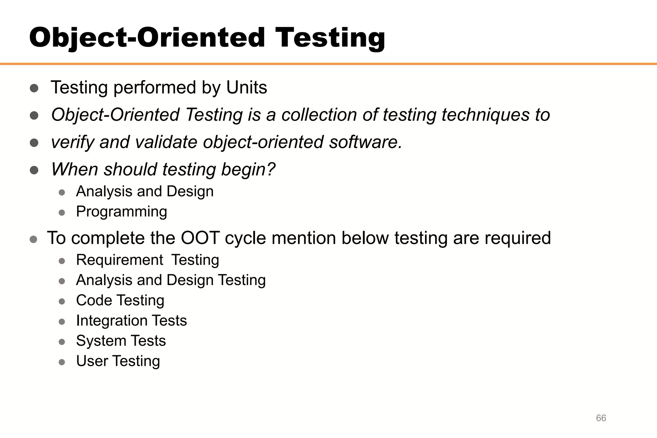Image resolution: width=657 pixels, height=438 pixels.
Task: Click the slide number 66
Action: (601, 418)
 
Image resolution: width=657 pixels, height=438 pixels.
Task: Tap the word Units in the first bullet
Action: (246, 87)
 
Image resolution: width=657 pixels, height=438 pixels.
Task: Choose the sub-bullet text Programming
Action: (122, 212)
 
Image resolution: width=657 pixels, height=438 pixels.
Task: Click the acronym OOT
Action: (200, 238)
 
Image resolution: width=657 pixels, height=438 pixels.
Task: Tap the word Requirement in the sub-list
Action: (120, 260)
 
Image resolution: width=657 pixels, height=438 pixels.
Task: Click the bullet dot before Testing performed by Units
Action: (34, 88)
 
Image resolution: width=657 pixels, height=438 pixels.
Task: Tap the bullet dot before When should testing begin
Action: (34, 170)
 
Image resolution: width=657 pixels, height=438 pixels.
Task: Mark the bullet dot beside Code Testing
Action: (62, 301)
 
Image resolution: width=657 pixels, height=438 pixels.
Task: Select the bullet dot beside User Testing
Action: (62, 362)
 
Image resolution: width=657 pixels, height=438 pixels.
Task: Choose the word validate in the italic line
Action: (166, 142)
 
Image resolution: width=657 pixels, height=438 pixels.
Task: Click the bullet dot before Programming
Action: (62, 212)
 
